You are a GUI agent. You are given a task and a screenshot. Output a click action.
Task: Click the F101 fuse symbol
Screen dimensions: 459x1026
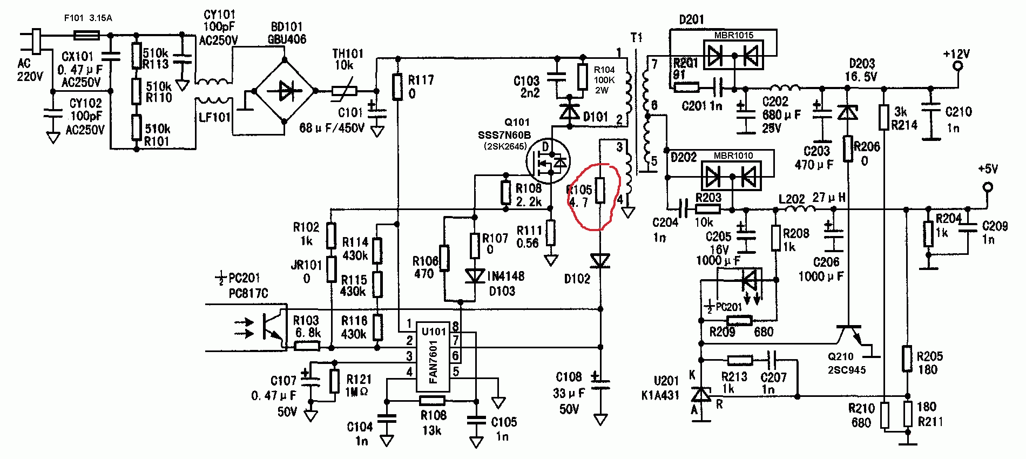[86, 36]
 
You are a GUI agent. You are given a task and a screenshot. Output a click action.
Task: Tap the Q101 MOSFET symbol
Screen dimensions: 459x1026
[549, 160]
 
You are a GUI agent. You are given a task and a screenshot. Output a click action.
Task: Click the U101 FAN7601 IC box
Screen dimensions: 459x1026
[433, 356]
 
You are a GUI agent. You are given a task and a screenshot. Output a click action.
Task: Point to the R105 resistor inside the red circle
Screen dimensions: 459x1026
[600, 191]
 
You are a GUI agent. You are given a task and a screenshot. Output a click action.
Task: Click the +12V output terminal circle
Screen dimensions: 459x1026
[958, 66]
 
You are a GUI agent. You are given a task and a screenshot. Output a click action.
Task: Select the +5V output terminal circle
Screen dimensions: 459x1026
[988, 187]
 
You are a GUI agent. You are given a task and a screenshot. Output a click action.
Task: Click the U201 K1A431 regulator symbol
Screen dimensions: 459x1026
[701, 395]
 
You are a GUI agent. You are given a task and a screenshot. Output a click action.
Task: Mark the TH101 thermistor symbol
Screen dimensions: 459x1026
[346, 92]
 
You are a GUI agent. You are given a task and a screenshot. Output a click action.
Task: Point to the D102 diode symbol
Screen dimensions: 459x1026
[600, 261]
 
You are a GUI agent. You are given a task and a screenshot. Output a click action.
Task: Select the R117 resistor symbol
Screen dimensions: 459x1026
[397, 87]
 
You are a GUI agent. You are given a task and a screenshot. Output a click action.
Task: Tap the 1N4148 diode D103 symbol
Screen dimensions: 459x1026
[475, 276]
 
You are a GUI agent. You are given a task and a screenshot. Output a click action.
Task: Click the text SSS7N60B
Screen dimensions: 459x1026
[504, 134]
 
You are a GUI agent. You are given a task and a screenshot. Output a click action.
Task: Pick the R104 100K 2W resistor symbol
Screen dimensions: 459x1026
[583, 77]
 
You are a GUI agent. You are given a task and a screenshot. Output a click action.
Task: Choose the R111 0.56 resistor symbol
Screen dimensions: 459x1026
[550, 233]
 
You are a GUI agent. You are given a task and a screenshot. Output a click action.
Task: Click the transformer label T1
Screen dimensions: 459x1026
[637, 37]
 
